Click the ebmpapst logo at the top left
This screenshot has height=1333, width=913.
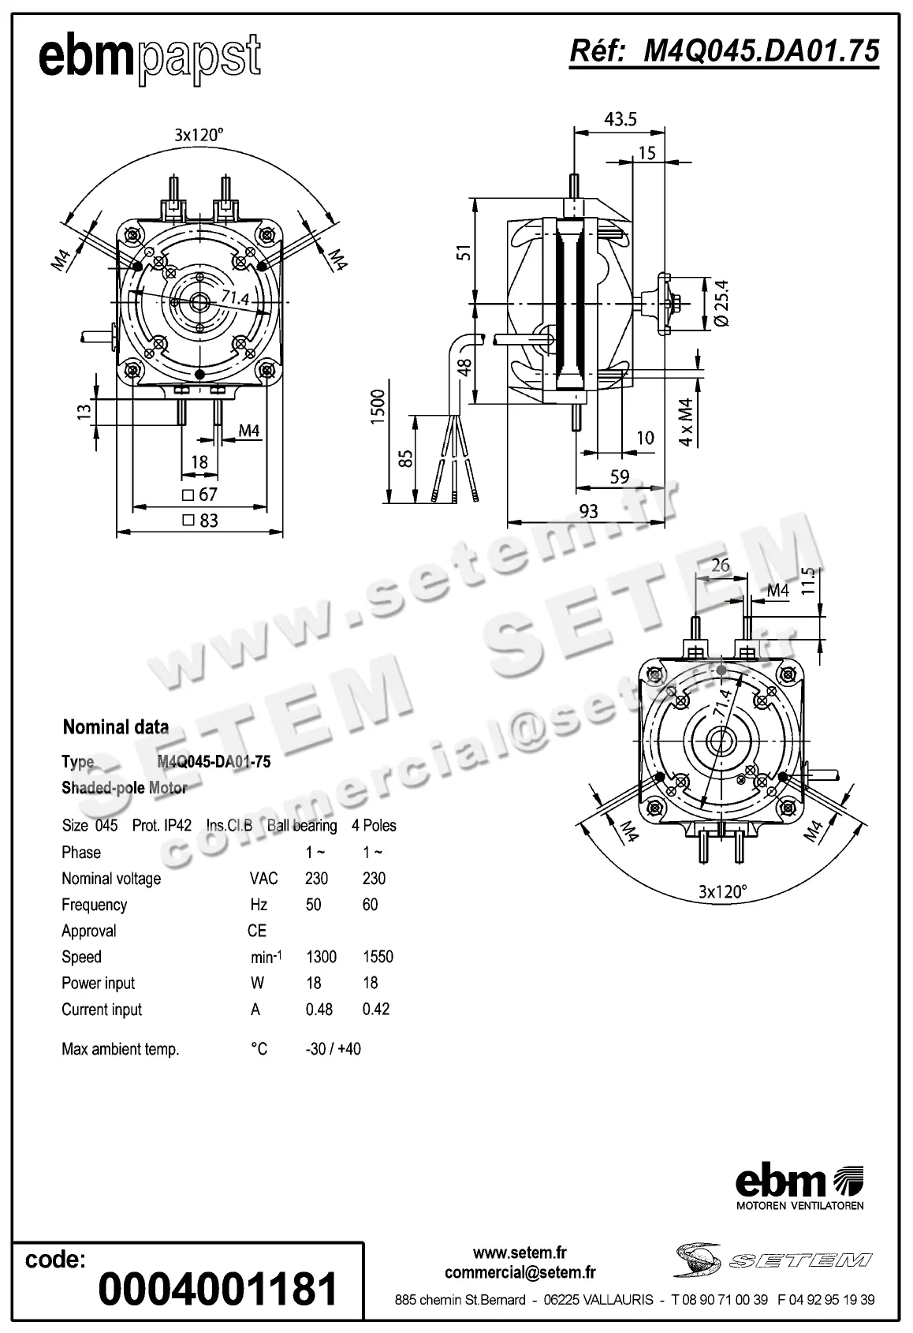tap(150, 58)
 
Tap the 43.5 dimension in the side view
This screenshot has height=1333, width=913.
tap(620, 119)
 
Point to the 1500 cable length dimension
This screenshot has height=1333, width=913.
tap(378, 405)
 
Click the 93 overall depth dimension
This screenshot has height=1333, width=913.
tap(588, 511)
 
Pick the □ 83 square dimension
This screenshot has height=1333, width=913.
tap(200, 521)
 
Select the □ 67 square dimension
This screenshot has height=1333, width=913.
tap(199, 495)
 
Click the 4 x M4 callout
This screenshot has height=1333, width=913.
tap(687, 422)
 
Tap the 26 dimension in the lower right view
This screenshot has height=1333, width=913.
tap(720, 565)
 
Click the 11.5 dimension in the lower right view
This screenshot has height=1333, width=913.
tap(807, 582)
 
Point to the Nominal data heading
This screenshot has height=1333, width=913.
tap(116, 726)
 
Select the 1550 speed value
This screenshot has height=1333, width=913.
tap(378, 957)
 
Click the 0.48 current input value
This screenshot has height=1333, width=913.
tap(319, 1009)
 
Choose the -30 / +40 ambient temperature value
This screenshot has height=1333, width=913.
tap(333, 1049)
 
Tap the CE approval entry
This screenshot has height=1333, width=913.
tap(257, 931)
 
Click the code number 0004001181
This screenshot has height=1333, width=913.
tap(218, 1288)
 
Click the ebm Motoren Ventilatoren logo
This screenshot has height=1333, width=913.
tap(799, 1188)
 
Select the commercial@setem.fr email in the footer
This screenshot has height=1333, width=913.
tap(520, 1271)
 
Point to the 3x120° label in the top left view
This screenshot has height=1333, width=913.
tap(199, 134)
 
